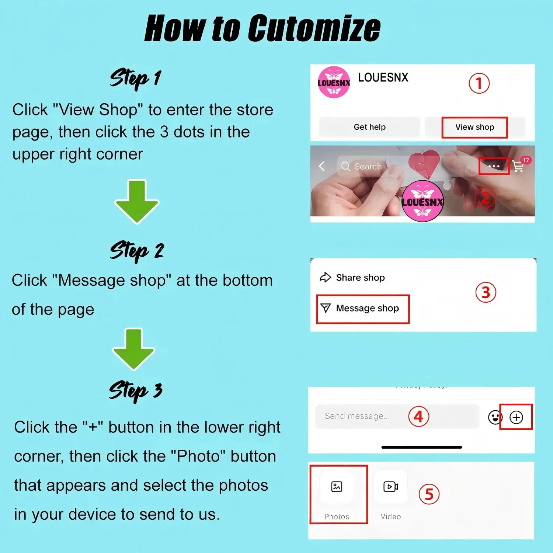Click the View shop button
[x=475, y=127]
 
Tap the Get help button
[x=369, y=127]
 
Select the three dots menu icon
[x=494, y=166]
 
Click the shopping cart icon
[x=518, y=166]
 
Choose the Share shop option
[x=352, y=277]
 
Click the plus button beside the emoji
[x=516, y=417]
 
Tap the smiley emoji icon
[x=494, y=417]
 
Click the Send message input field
[x=397, y=416]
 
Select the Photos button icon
[x=337, y=487]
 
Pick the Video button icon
[x=391, y=487]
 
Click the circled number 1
[x=479, y=83]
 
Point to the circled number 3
[x=486, y=292]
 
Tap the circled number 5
[x=429, y=494]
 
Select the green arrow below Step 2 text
[x=133, y=349]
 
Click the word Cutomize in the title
[x=314, y=28]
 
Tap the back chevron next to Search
[x=321, y=166]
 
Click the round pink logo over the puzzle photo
[x=422, y=201]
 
